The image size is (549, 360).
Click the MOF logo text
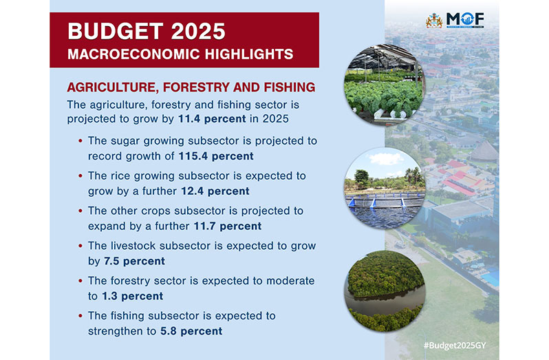tap(465, 20)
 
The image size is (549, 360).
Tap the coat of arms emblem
tap(434, 21)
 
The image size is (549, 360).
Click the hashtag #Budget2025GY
tap(455, 346)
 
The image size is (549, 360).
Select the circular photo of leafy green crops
tap(385, 85)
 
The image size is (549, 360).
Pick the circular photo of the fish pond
tap(385, 188)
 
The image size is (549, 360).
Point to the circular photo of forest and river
tap(385, 291)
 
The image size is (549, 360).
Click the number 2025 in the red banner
tap(198, 32)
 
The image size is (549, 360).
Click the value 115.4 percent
tap(216, 156)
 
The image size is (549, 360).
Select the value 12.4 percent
tap(215, 191)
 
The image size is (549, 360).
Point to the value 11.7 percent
tap(228, 226)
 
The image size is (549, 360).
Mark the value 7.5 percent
tap(134, 262)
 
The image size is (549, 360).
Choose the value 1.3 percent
tap(132, 296)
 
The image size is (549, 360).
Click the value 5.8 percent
tap(191, 331)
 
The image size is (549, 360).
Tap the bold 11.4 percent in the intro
tap(212, 119)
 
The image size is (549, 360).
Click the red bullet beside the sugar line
tap(80, 141)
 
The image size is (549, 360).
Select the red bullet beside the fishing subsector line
tap(80, 316)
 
